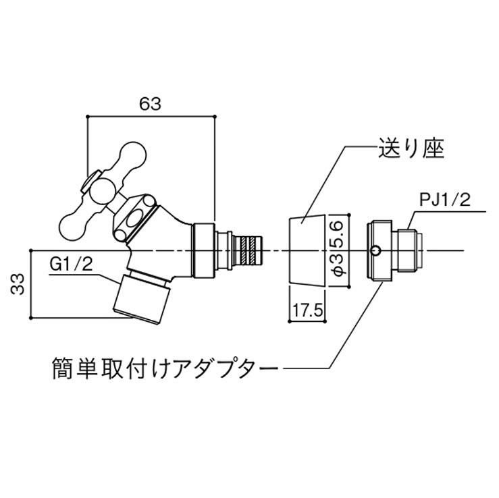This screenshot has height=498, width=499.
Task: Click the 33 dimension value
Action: pos(18,283)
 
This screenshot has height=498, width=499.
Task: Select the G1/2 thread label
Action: pos(71,263)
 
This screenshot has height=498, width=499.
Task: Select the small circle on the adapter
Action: pos(375,251)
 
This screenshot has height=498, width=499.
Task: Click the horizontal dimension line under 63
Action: pos(151,116)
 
